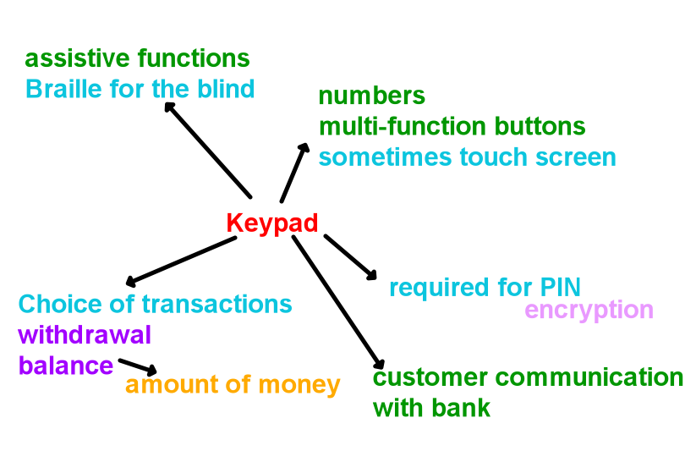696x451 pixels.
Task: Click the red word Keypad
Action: [x=272, y=223]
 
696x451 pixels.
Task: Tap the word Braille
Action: [x=64, y=88]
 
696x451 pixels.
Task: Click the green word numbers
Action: [x=372, y=95]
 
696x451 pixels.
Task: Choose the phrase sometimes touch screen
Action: [x=468, y=157]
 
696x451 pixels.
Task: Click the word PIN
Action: [x=560, y=287]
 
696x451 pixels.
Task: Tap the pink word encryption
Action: [x=589, y=311]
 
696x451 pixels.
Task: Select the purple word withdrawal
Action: [x=85, y=334]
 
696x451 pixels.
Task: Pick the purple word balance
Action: [x=66, y=366]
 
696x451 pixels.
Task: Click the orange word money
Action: [x=299, y=385]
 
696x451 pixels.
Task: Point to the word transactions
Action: [x=216, y=304]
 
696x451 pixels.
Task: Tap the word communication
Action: [x=589, y=377]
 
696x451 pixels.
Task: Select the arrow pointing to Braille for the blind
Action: [x=208, y=150]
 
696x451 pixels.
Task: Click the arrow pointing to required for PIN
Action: [x=350, y=257]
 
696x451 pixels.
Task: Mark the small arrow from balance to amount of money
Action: [x=138, y=366]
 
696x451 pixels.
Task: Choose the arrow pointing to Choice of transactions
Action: [x=181, y=261]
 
